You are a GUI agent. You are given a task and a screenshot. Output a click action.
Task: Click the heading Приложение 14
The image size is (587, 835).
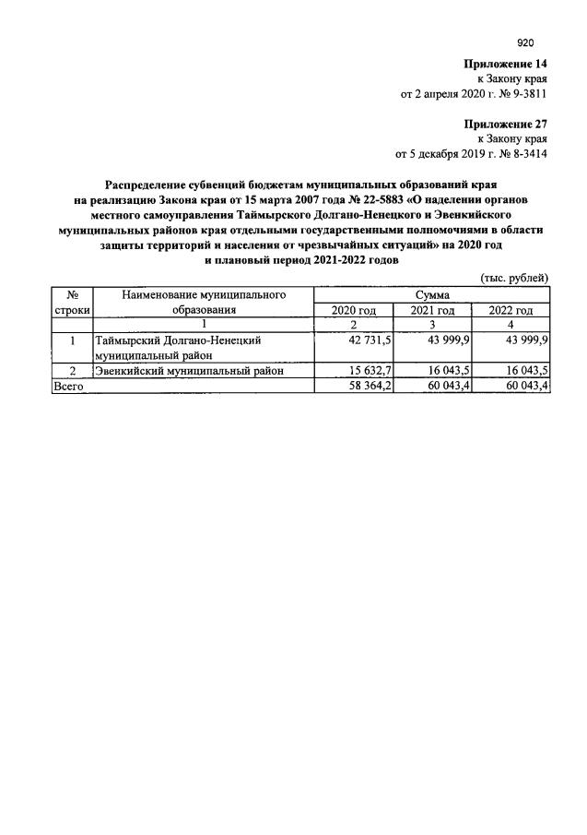point(506,64)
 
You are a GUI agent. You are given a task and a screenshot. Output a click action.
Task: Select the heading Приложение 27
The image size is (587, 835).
point(506,121)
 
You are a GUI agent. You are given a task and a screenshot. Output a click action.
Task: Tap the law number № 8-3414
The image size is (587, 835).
point(521,154)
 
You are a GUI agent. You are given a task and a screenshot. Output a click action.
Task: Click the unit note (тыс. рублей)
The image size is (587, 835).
point(515,278)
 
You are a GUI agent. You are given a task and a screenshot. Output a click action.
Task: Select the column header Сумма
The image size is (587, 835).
point(432,294)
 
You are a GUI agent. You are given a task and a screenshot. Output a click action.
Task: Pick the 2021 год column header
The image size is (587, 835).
point(432,311)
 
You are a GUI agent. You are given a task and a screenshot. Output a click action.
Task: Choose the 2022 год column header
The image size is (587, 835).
point(511,311)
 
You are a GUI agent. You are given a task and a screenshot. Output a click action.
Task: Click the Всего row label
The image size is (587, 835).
point(68,388)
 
